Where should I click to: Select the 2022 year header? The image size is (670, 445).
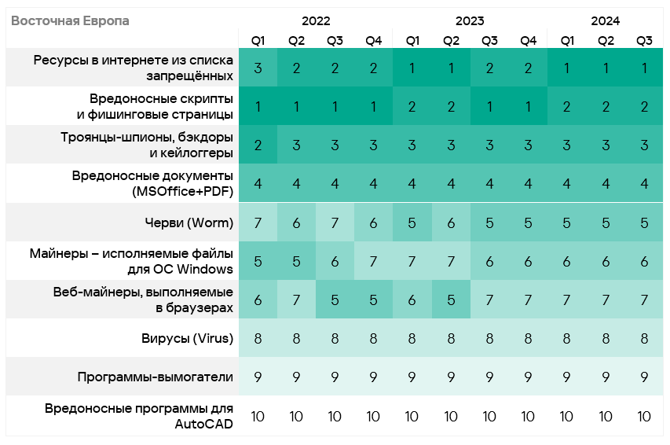pos(316,21)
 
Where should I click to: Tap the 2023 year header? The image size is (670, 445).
pos(470,21)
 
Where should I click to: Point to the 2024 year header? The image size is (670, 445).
pos(606,21)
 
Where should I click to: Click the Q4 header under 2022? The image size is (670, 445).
pos(373,40)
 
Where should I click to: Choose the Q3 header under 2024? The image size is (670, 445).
pos(644,40)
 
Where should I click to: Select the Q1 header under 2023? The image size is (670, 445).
pos(412,40)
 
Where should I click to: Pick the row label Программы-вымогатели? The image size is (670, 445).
pos(156,377)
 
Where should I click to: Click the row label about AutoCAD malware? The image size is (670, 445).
pos(140,417)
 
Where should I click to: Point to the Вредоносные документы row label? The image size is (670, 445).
pos(153,183)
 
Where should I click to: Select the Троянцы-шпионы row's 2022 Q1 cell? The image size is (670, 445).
pos(258,145)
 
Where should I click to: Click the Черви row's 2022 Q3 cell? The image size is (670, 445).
pos(335,223)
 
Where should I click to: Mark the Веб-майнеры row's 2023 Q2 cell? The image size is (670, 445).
pos(451,300)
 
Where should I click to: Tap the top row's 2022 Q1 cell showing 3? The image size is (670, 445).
pos(258,68)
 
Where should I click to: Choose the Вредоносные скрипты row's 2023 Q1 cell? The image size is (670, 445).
pos(412,106)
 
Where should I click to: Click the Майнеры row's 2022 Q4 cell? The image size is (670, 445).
pos(373,262)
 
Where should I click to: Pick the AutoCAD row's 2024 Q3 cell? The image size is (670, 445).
pos(644,417)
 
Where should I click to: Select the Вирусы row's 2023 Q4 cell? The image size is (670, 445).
pos(528,339)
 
